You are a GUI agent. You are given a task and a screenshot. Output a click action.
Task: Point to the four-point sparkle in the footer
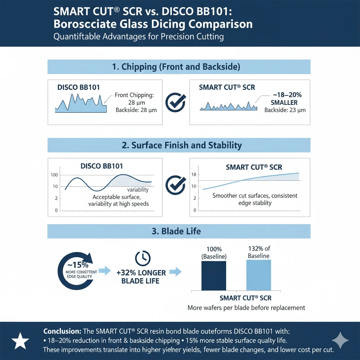(x=340, y=340)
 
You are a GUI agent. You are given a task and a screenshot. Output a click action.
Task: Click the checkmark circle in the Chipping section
(x=175, y=102)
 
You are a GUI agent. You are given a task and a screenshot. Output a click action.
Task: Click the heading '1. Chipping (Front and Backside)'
(x=179, y=67)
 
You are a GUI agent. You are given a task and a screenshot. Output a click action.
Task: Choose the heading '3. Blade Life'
(x=179, y=231)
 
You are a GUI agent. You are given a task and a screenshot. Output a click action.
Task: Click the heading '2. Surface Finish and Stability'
(x=179, y=145)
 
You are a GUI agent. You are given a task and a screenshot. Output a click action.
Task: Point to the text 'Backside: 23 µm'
(x=285, y=110)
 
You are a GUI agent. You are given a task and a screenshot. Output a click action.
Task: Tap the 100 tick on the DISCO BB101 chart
(x=54, y=175)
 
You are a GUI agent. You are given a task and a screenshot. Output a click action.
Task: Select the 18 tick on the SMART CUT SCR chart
(x=193, y=175)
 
